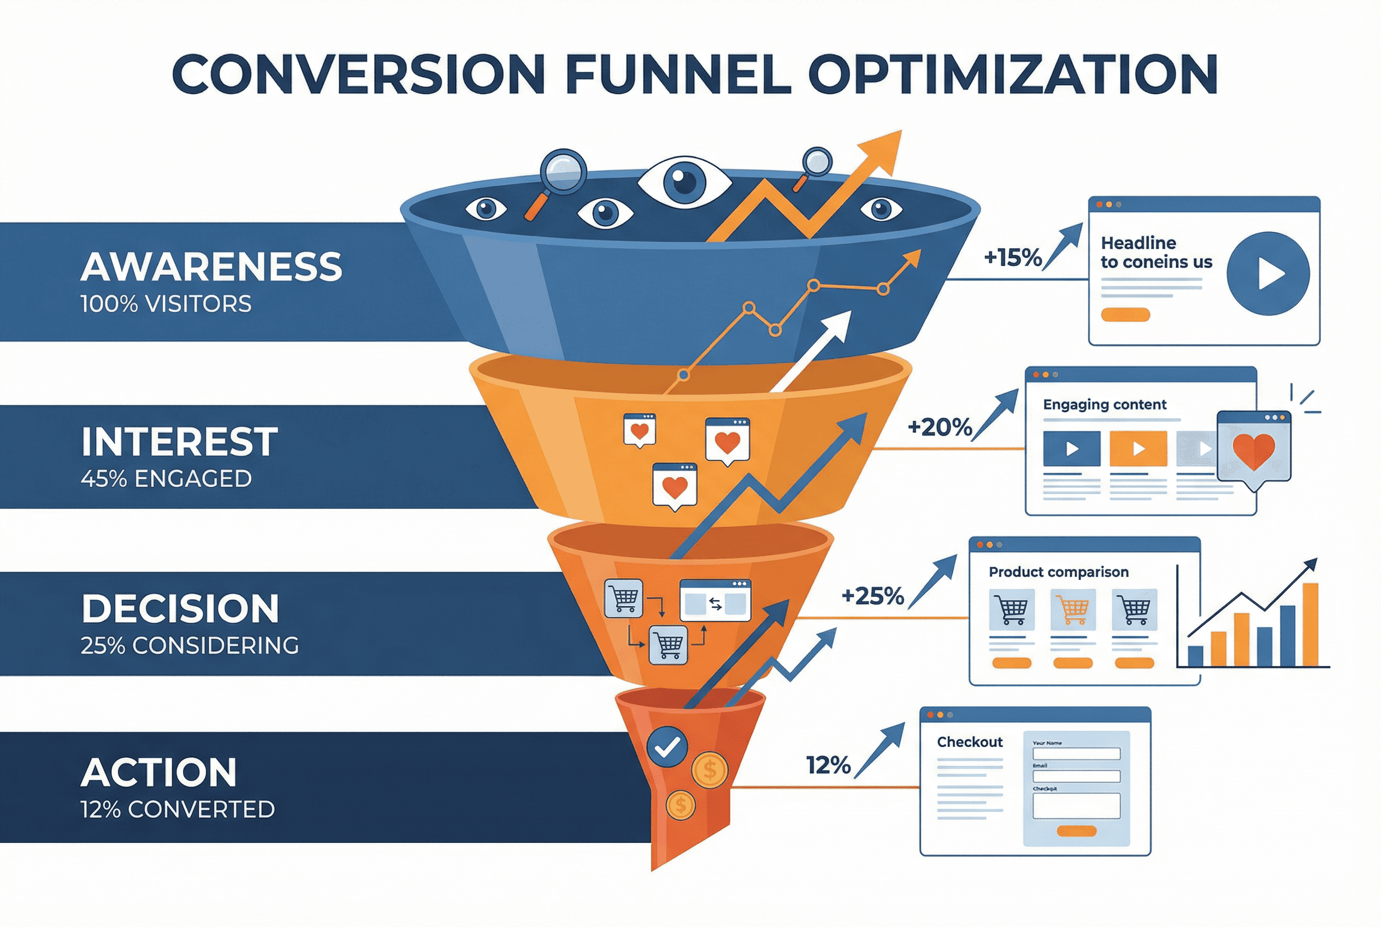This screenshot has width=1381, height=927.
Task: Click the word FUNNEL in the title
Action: point(678,74)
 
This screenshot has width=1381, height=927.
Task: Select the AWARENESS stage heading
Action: point(211,267)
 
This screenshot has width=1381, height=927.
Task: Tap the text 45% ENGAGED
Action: point(166,478)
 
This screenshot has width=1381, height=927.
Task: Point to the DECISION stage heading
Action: point(180,609)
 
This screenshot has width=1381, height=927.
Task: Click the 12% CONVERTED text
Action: point(178,809)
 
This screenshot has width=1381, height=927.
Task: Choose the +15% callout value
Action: point(1012,257)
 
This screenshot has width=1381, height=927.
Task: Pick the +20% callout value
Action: point(940,426)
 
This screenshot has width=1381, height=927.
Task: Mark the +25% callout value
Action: point(872,596)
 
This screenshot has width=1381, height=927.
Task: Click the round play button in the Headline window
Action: point(1267,273)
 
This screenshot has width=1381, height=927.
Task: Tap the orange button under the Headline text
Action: point(1125,314)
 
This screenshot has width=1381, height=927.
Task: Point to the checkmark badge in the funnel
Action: point(667,747)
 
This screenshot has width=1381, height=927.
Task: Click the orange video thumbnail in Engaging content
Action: point(1138,449)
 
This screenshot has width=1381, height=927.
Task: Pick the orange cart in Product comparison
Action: point(1072,608)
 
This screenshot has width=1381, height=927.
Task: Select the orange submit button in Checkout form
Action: point(1076,831)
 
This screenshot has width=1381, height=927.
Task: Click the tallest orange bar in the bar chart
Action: point(1310,624)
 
